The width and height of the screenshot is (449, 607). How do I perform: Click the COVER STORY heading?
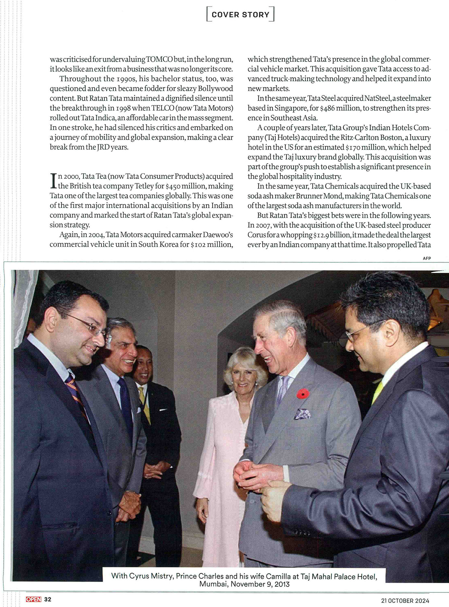point(240,15)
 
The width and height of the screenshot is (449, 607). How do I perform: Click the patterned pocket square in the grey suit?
point(302,414)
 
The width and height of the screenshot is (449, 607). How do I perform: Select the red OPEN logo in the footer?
point(33,599)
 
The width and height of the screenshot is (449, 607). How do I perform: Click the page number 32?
point(48,599)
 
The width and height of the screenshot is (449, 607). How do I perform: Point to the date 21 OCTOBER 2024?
point(405,600)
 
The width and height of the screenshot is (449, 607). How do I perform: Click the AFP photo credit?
point(427,258)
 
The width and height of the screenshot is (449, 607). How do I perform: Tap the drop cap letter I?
point(53,181)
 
